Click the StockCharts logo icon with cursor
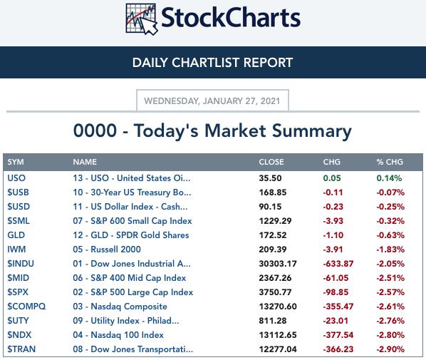tap(142, 19)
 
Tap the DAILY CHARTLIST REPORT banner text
tap(212, 63)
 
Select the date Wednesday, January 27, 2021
tap(212, 101)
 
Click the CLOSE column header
tap(271, 162)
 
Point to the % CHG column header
tap(390, 162)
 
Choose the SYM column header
tap(16, 162)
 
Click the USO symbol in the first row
tap(16, 178)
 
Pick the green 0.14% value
tap(389, 178)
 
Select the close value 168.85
tap(273, 192)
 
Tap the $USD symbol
tap(19, 207)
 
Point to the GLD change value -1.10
tap(333, 235)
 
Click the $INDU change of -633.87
tap(338, 264)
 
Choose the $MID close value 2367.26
tap(275, 278)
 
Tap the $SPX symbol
tap(18, 292)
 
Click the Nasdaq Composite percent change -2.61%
tap(390, 307)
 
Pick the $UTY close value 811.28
tap(273, 321)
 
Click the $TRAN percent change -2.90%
tap(390, 349)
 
